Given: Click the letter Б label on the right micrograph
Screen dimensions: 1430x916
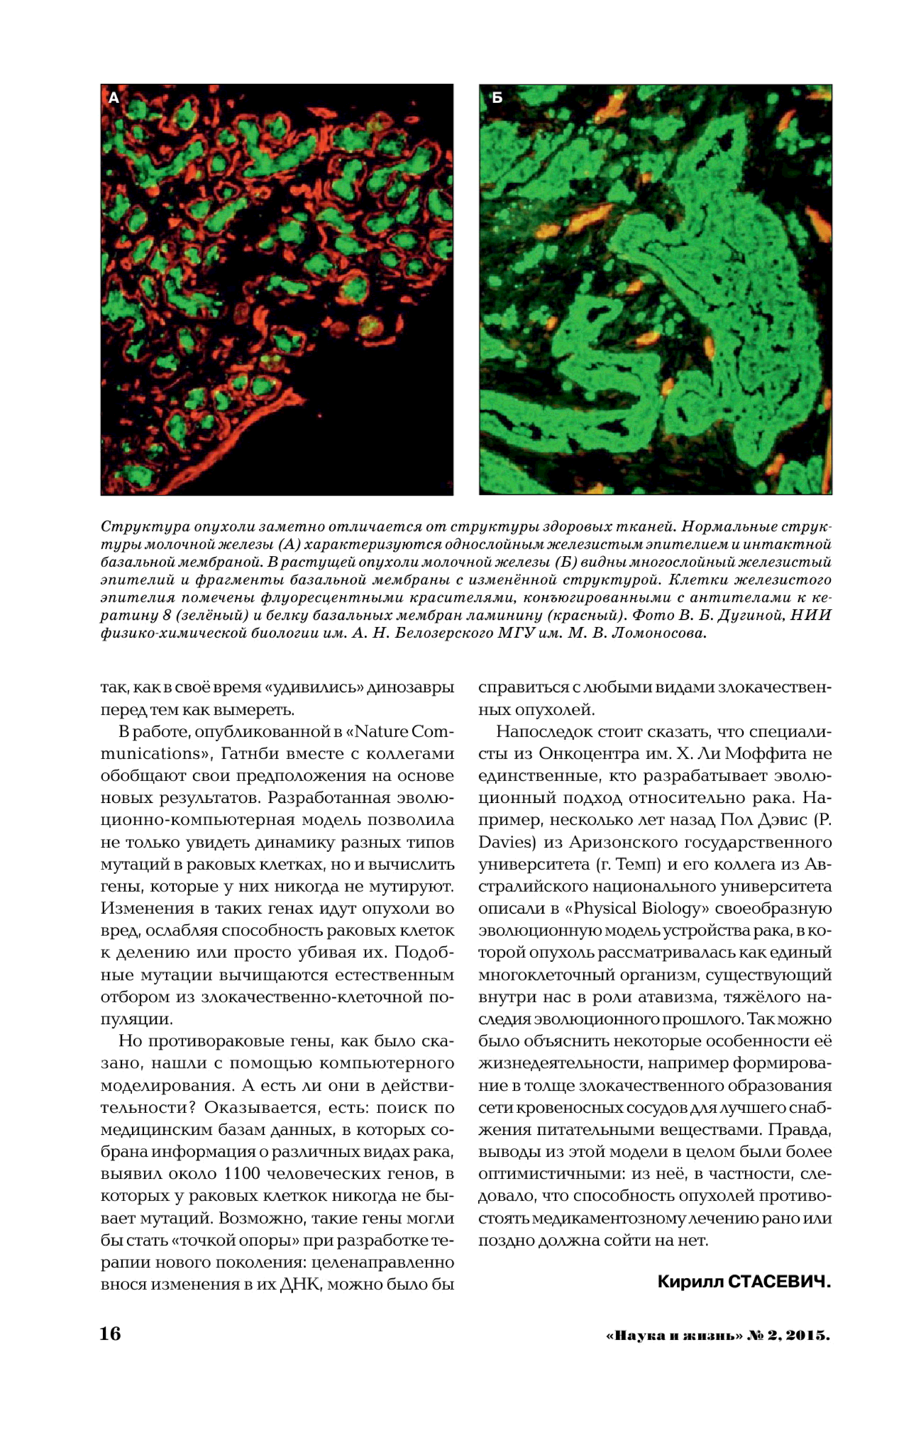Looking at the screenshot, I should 497,98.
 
